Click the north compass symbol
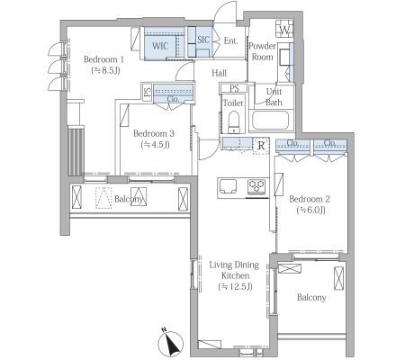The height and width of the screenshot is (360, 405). coord(171,343)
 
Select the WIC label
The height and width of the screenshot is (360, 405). coord(160,46)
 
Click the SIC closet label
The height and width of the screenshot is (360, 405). coord(203,40)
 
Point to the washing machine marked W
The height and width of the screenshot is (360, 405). coord(284,29)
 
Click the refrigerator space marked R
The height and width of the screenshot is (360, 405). coord(261,146)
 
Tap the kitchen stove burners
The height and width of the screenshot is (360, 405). coord(256,186)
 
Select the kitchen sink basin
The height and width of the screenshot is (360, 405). coord(228,186)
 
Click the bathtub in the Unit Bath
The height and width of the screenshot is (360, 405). coord(270,121)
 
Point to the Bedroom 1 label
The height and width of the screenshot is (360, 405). coord(103,59)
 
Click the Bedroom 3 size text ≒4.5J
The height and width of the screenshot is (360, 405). coord(155,145)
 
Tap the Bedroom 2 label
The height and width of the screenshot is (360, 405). coord(310,199)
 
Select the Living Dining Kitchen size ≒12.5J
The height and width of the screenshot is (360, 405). coord(235,286)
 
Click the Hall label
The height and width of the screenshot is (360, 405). coord(220,73)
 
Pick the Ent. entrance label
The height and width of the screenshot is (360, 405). coord(230,40)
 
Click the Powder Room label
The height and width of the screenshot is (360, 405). coord(262,51)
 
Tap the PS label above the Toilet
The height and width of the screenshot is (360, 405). coord(234,88)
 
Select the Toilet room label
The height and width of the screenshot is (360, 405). coord(233,103)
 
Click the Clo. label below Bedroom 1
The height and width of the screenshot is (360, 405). coord(173,99)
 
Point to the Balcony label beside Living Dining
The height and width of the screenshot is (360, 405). coord(311,297)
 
